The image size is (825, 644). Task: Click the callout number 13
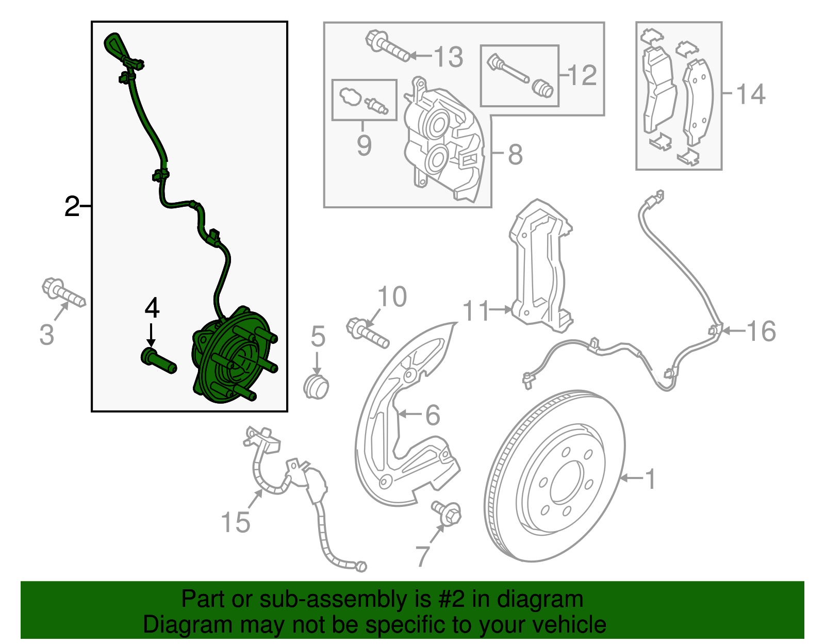coord(449,57)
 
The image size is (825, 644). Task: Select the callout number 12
coord(583,75)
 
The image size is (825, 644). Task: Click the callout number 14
coord(751,94)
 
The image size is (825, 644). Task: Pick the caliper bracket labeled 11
coord(541,268)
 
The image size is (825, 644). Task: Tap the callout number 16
coord(761,331)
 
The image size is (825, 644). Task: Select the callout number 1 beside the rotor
coord(651,478)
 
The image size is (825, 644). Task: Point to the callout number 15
coord(236,522)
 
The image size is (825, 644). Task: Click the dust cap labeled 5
coord(316,386)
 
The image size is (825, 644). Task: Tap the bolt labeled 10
coord(367,333)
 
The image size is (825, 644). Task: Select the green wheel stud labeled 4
coord(158,360)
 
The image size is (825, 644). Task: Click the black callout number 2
coord(72,207)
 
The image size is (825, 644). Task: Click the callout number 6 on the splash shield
coord(432,415)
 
